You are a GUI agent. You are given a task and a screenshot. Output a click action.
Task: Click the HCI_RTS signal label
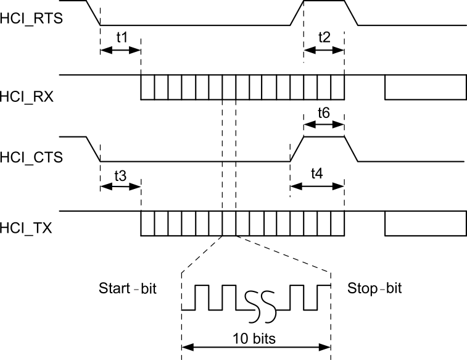pos(30,20)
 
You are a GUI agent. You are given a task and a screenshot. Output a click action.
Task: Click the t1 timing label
pos(122,37)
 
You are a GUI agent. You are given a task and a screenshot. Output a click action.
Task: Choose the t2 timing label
pos(324,37)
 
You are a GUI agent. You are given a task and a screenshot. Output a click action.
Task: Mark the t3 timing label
pos(121,175)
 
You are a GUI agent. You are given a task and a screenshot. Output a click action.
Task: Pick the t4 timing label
pos(316,175)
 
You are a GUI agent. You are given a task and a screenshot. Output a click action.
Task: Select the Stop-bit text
pos(374,288)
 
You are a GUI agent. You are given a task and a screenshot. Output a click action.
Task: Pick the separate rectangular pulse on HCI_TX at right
pos(425,225)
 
